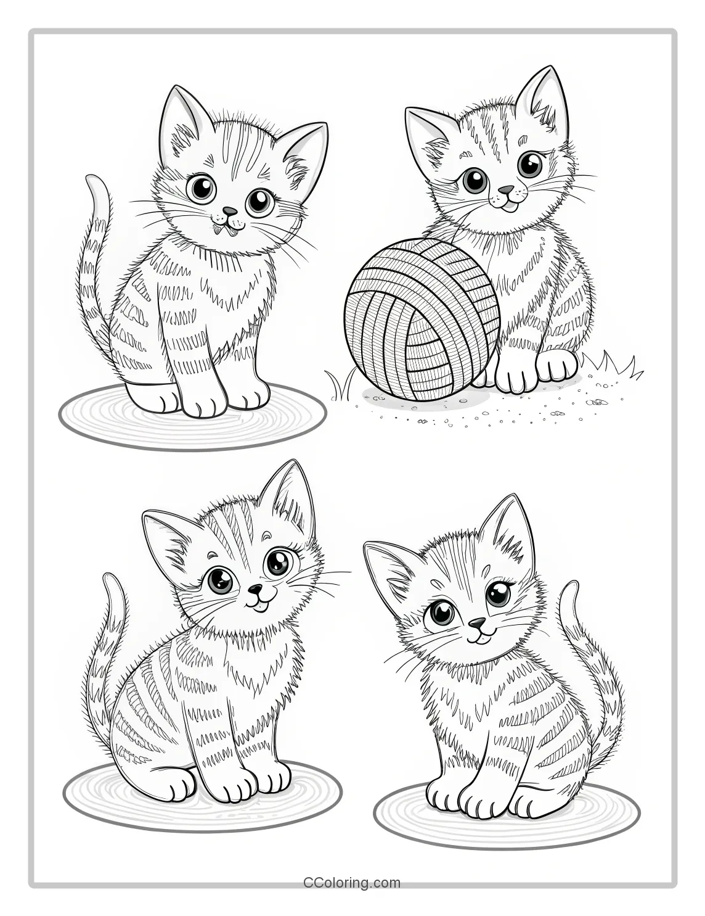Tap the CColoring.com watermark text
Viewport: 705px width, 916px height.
point(352,883)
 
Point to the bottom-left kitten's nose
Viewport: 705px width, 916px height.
point(254,590)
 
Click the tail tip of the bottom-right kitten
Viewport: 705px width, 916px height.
point(570,587)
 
